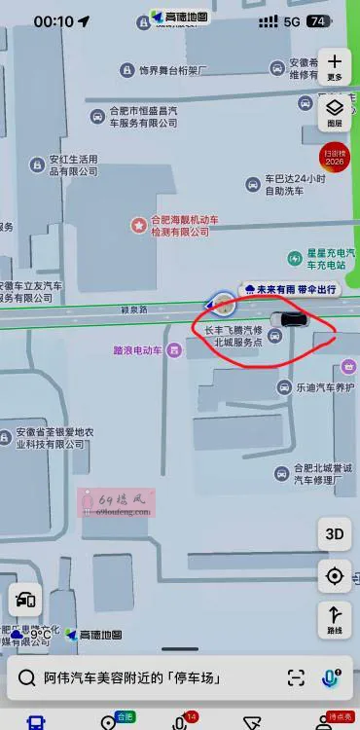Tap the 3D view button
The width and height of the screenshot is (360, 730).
(335, 533)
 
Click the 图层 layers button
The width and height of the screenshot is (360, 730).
(335, 113)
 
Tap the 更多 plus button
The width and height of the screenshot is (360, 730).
(335, 66)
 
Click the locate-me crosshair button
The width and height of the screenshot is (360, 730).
(335, 576)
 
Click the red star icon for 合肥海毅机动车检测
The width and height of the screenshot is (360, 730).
(139, 225)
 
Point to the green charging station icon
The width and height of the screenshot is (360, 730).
(294, 258)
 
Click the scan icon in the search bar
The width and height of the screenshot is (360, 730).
(296, 677)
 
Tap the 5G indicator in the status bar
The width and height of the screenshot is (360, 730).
(292, 21)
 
